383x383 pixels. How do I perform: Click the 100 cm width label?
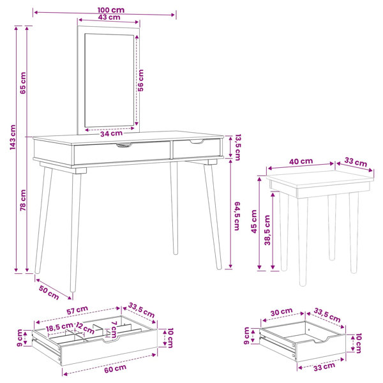click(111, 10)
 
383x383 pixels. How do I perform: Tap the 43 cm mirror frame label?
click(109, 17)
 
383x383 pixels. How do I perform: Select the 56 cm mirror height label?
click(140, 80)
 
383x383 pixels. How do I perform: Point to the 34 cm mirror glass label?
click(111, 133)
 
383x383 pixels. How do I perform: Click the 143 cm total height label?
click(13, 137)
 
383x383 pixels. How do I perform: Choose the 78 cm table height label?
click(23, 200)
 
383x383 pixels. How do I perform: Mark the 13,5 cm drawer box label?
click(237, 147)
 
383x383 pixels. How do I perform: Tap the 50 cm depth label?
click(49, 292)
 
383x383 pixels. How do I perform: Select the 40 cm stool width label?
click(301, 161)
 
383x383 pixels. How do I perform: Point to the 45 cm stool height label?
click(254, 222)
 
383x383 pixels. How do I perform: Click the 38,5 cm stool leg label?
click(267, 230)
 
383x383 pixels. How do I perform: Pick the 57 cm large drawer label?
click(77, 310)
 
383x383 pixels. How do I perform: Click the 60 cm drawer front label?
click(116, 369)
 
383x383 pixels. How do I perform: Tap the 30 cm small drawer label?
click(282, 312)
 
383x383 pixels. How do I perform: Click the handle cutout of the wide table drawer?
click(124, 146)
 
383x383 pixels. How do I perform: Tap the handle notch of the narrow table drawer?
click(197, 142)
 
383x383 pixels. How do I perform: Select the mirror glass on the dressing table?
click(109, 80)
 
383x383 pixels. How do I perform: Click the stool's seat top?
click(320, 179)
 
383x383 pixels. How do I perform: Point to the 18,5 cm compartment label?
click(59, 327)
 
